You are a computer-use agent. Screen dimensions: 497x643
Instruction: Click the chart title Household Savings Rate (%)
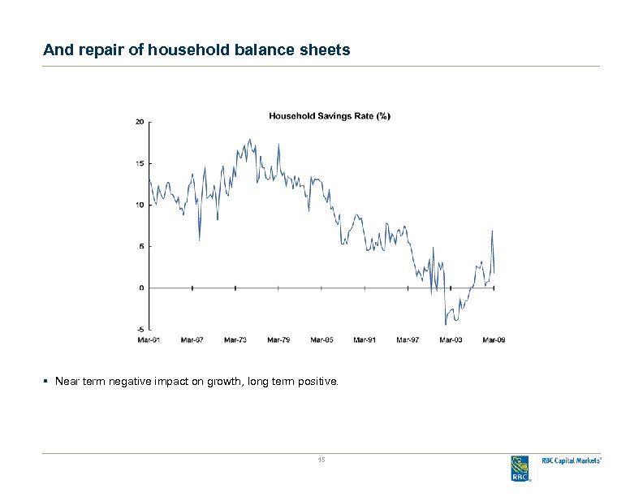[x=329, y=116]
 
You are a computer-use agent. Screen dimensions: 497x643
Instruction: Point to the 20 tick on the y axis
[x=140, y=122]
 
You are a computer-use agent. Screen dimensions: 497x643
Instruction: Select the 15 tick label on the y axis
[x=140, y=163]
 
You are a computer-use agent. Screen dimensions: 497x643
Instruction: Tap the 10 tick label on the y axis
[x=140, y=205]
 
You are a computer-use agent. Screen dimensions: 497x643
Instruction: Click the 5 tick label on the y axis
[x=141, y=246]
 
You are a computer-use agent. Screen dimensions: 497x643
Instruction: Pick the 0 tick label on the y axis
[x=141, y=287]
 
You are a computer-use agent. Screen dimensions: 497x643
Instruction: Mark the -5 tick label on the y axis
[x=140, y=329]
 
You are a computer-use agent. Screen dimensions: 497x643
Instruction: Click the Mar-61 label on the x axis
[x=149, y=339]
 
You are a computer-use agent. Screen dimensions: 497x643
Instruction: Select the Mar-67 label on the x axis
[x=192, y=339]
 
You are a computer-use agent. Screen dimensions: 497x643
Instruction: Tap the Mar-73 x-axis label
[x=235, y=339]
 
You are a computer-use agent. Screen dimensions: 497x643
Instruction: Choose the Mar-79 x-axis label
[x=278, y=339]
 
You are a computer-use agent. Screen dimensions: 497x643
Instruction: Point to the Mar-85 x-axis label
[x=321, y=339]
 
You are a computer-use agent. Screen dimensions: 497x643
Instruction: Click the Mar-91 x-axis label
[x=365, y=339]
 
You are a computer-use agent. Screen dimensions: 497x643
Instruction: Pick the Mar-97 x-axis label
[x=408, y=339]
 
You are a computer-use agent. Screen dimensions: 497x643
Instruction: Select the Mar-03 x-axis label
[x=451, y=339]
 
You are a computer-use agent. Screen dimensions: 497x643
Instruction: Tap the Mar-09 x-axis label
[x=494, y=339]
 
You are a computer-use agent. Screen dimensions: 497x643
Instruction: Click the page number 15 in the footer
[x=321, y=460]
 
